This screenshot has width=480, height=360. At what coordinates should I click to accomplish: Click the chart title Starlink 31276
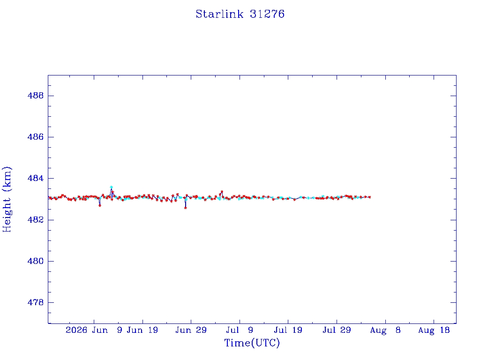point(240,14)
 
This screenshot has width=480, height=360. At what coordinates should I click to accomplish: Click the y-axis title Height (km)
point(7,199)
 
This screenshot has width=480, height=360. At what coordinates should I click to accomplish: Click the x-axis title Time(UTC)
point(252,343)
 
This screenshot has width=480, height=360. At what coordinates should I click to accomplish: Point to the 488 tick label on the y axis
point(36,96)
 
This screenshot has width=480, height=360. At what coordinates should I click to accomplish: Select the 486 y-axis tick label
point(36,137)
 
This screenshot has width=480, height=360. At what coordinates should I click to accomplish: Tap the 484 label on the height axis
point(36,178)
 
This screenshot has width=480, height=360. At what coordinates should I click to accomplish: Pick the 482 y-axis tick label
point(36,220)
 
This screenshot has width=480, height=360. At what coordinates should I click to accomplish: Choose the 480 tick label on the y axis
point(36,261)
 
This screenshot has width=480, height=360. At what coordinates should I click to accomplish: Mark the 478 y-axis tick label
point(36,302)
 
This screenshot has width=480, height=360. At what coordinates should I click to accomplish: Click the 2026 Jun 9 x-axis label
point(94,330)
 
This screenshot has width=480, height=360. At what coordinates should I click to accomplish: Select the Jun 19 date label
point(142,330)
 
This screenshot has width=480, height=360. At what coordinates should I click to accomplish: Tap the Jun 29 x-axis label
point(191,330)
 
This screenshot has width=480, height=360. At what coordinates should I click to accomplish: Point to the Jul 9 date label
point(240,330)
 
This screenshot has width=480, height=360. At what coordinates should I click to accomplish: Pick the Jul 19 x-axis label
point(288,330)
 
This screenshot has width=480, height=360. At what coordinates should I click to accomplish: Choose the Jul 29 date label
point(337,330)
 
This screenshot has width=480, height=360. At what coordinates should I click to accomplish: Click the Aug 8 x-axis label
point(385,330)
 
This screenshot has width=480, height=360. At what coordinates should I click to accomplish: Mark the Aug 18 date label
point(434,330)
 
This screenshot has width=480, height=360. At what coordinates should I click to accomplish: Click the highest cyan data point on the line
point(112,187)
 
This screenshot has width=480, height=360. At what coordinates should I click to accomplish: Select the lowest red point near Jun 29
point(186,208)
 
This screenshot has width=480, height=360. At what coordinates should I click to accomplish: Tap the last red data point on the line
point(370,197)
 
